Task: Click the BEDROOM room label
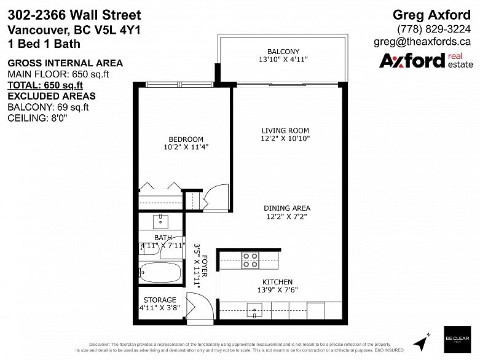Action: point(186,139)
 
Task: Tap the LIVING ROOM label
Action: point(285,130)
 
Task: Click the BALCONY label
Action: point(283,52)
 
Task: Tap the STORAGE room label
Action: point(159,301)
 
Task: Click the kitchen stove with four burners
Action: point(251,260)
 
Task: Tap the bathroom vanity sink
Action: point(161,220)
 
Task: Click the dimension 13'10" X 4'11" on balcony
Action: point(283,60)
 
